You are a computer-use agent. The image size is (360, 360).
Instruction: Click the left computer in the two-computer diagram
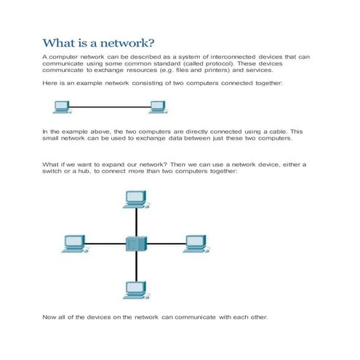tap(61, 107)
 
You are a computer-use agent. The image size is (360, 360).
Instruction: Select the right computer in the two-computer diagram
tap(156, 107)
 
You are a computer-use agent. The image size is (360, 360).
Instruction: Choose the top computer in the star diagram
tap(135, 197)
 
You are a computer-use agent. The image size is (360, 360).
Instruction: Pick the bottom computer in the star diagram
tap(135, 290)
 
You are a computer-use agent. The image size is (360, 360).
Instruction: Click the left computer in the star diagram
tap(73, 243)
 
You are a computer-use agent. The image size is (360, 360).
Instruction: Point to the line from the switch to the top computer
tap(135, 220)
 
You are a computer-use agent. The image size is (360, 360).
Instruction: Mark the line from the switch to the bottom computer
tap(135, 266)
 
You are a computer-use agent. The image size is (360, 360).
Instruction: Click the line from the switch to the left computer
tap(105, 244)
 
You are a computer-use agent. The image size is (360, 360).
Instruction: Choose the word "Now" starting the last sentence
tap(49, 317)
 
